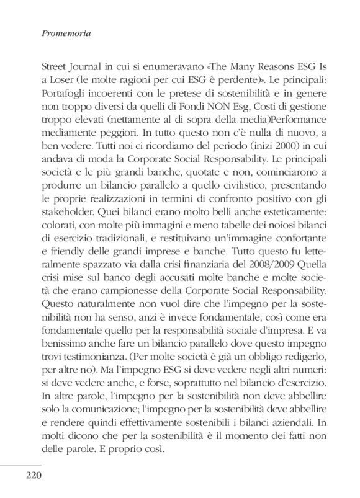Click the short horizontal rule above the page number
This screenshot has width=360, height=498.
[21, 463]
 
